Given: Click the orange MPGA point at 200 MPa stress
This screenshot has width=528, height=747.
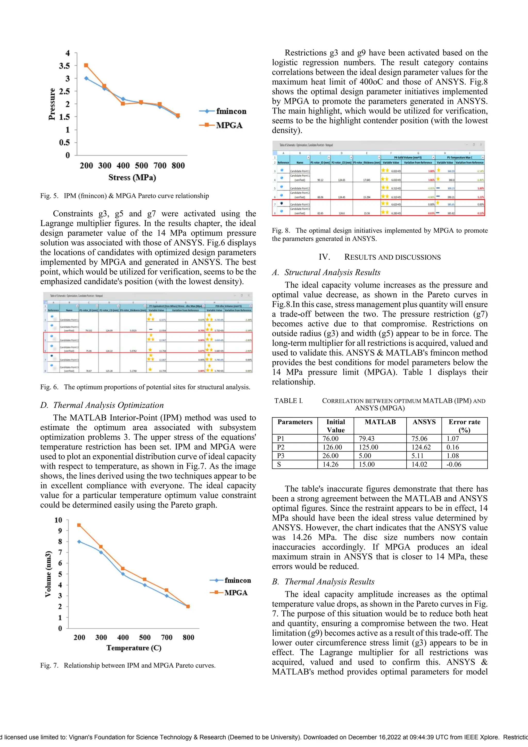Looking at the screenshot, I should (86, 65).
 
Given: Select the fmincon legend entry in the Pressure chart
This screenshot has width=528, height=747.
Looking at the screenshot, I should (231, 111).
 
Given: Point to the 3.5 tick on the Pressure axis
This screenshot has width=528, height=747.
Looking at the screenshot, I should (64, 66).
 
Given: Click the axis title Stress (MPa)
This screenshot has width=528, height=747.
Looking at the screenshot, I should (132, 178).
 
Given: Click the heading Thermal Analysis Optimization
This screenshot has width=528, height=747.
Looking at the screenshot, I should (108, 405).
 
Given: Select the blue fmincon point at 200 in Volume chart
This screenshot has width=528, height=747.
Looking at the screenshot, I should (79, 541).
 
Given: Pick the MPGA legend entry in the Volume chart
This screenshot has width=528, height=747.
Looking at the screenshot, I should (236, 593).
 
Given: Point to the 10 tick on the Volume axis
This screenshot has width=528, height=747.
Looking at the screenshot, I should (58, 520).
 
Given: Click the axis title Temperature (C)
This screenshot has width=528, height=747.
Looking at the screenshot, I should (134, 648).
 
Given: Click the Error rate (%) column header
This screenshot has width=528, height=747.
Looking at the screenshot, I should (464, 426).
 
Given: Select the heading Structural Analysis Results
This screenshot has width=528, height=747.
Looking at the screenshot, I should (332, 272).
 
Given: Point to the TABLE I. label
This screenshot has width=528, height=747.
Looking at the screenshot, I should (288, 401).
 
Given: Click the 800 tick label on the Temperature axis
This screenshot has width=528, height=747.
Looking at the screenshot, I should (188, 637).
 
